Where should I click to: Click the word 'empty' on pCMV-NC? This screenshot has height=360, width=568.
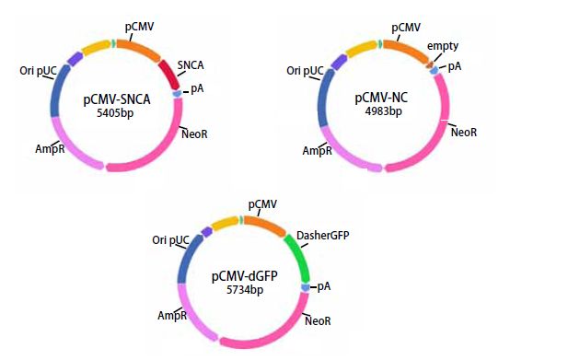pyautogui.click(x=442, y=46)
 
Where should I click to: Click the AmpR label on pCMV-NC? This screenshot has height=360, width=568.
pyautogui.click(x=317, y=151)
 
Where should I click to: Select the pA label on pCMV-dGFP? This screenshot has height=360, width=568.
pyautogui.click(x=324, y=287)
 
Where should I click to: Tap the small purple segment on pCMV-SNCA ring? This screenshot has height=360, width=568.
pyautogui.click(x=75, y=58)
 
